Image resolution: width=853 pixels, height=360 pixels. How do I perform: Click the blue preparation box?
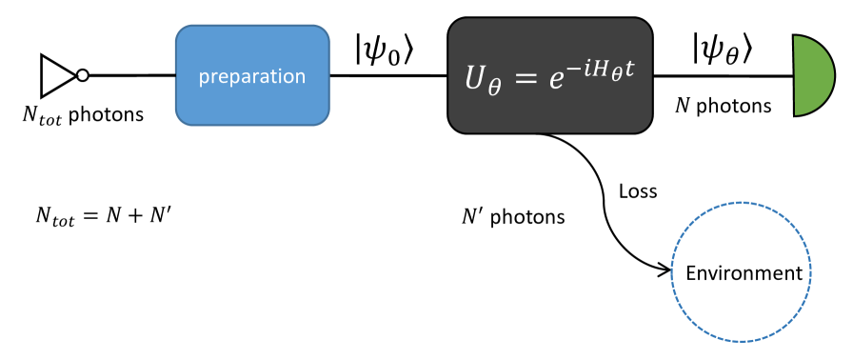(252, 75)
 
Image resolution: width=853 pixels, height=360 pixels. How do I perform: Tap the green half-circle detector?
(812, 75)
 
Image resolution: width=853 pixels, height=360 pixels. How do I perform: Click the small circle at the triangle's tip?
(83, 75)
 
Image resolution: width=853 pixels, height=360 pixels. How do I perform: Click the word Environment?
(744, 273)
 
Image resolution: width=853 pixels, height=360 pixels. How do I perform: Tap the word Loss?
(638, 190)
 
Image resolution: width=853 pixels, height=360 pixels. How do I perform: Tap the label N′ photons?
(513, 217)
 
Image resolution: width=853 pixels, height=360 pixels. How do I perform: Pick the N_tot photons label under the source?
(83, 115)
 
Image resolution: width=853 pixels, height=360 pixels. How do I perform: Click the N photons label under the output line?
(723, 106)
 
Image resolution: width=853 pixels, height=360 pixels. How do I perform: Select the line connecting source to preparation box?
(131, 75)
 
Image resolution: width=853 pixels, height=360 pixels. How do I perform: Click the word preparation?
(252, 75)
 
